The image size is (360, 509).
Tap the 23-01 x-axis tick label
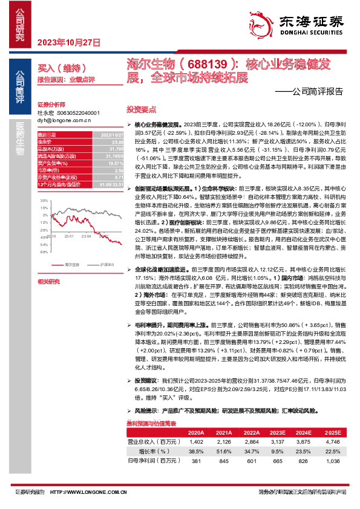(68, 237)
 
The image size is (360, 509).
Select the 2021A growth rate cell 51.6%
(208, 450)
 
